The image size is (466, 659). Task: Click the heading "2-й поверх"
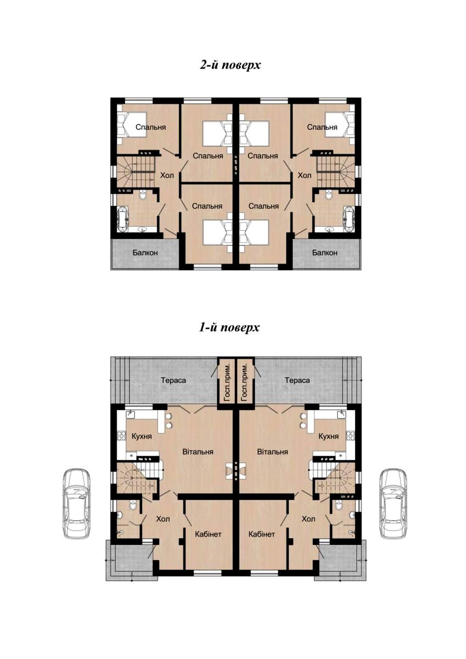[230, 65]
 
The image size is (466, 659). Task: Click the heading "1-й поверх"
[229, 327]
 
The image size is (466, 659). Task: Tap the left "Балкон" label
[145, 253]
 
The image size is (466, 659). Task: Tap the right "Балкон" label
[325, 253]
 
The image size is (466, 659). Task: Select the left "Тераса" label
[174, 381]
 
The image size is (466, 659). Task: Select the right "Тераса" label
[297, 381]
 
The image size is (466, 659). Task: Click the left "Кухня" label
[142, 436]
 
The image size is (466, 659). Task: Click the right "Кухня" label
[329, 436]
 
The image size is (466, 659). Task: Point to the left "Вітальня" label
[198, 451]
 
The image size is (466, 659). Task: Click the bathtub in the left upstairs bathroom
[123, 220]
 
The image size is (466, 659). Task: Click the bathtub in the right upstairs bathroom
[349, 220]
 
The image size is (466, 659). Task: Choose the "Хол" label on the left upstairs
[167, 175]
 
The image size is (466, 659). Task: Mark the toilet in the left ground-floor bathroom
[133, 505]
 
